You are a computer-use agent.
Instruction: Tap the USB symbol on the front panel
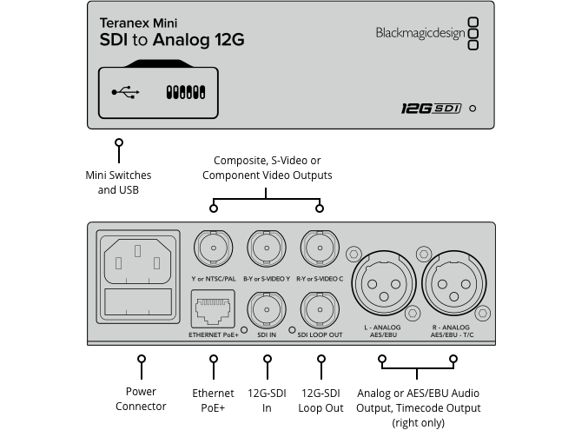point(125,91)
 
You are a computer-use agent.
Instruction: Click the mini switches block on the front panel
point(184,91)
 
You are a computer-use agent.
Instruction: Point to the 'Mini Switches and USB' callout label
point(118,182)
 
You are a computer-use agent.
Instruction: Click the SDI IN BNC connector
point(266,309)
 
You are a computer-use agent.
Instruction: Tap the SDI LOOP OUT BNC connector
point(319,309)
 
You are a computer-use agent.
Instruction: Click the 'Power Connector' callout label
point(141,400)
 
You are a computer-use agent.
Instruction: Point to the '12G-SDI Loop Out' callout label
point(321,400)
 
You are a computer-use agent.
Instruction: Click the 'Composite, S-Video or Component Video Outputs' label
point(267,168)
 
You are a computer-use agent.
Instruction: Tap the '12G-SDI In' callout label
point(267,400)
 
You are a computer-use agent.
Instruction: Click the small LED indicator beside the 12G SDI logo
point(472,109)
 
